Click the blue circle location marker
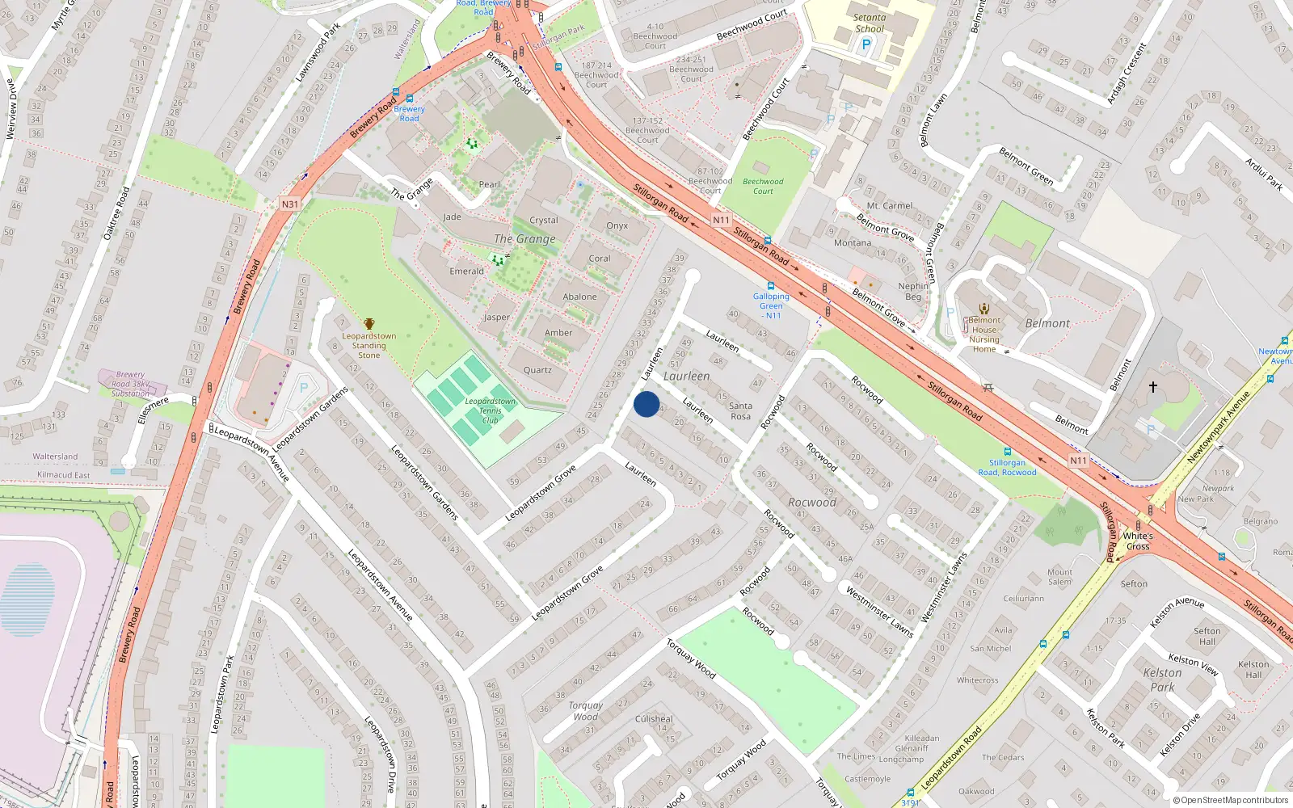point(646,404)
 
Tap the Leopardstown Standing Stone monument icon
point(369,324)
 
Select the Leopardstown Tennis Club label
point(490,410)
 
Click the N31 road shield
point(290,204)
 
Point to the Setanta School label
point(870,23)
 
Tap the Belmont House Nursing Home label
point(984,335)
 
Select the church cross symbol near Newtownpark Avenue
point(1153,387)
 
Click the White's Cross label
point(1138,541)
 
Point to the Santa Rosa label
point(740,411)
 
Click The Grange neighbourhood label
point(524,239)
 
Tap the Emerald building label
point(466,271)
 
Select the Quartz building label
point(537,370)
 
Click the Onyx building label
point(617,226)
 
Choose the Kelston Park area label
point(1162,680)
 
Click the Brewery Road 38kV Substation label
point(130,384)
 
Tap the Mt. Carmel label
point(889,206)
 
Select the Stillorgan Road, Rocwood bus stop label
point(1007,468)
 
